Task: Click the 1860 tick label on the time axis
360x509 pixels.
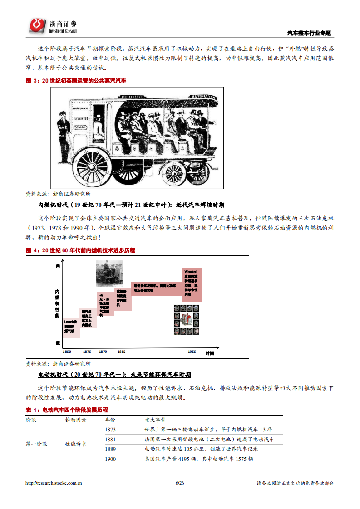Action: point(66,352)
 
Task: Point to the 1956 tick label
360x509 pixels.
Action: point(192,352)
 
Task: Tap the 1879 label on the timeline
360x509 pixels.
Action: point(103,352)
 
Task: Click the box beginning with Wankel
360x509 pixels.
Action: point(192,284)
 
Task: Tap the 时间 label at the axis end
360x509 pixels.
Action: point(209,353)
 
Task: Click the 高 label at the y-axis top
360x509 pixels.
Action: point(58,265)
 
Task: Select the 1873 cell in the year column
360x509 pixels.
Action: point(110,429)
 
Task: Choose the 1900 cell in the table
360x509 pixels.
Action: point(110,459)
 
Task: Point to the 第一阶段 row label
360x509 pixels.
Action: point(36,444)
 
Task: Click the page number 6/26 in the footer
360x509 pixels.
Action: point(180,483)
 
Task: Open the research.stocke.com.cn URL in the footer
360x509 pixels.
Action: point(54,483)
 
